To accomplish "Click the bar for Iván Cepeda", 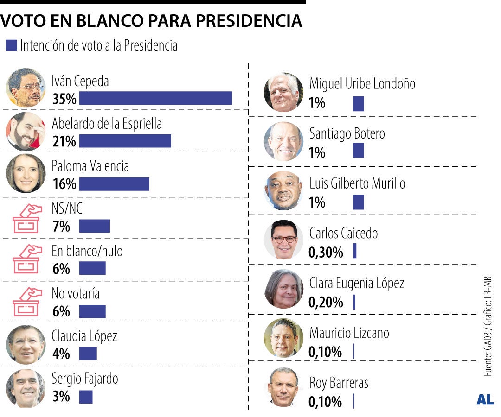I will click(x=155, y=98).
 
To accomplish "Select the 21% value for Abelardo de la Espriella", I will click(x=64, y=141).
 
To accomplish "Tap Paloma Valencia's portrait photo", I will click(x=26, y=173).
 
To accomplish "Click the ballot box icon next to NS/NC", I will click(x=26, y=218).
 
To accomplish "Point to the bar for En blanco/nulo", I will click(x=92, y=268).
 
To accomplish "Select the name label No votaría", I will click(x=75, y=294).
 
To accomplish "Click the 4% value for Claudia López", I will click(x=61, y=354).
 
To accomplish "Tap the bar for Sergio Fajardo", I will click(x=86, y=397).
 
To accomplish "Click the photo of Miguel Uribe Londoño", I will click(x=283, y=92).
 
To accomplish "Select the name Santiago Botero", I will click(x=347, y=134).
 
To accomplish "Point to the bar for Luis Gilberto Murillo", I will click(x=358, y=202).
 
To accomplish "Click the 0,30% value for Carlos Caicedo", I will click(x=326, y=253).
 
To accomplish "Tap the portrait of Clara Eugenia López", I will click(x=283, y=289).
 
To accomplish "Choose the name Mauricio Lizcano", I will click(x=349, y=333).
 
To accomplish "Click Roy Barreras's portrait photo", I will click(x=283, y=387).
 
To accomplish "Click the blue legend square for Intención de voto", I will click(x=12, y=45).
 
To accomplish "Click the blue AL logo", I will click(x=485, y=400).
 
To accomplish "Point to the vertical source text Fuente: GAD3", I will click(x=488, y=352).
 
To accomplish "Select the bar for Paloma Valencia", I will click(x=114, y=184).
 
